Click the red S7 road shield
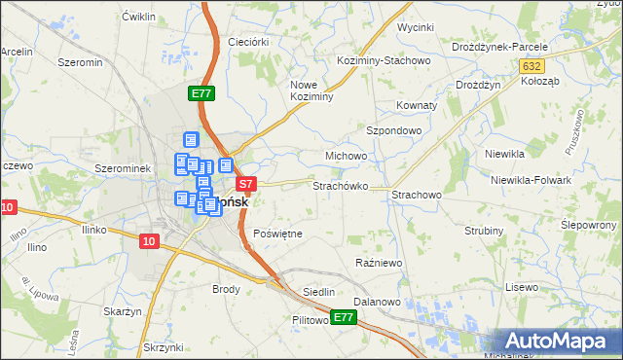click(246, 183)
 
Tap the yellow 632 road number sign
click(531, 66)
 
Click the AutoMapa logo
click(560, 341)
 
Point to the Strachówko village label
click(340, 185)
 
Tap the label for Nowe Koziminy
click(312, 90)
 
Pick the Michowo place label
click(346, 156)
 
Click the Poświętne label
click(278, 234)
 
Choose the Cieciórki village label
click(247, 42)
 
